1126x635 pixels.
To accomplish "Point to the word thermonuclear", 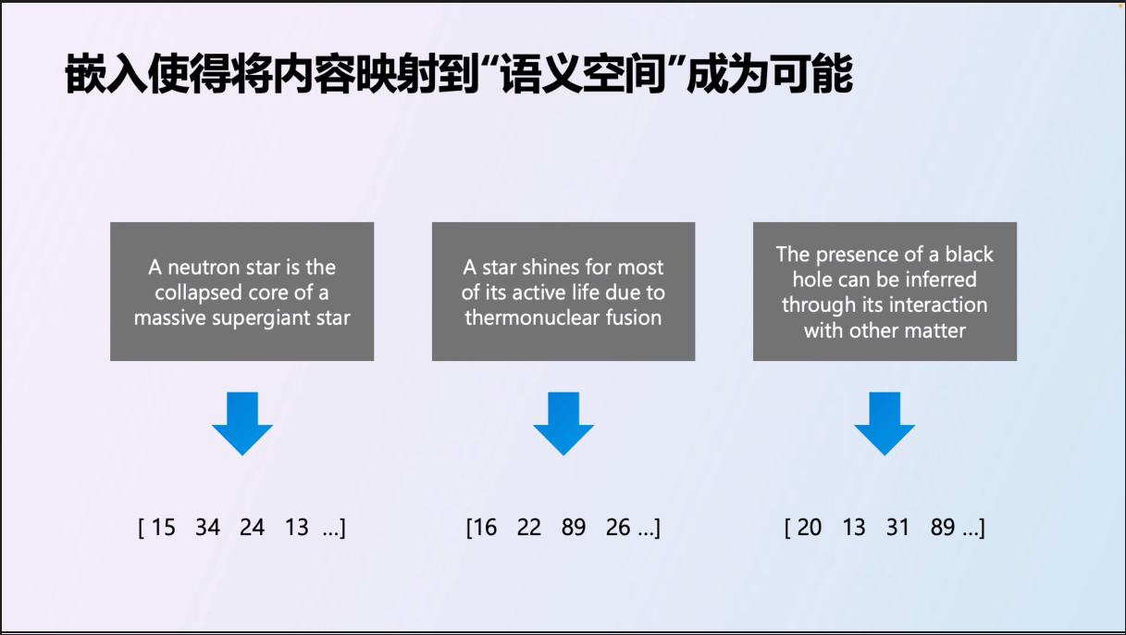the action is coord(532,317).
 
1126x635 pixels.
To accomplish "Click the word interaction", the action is coord(937,305).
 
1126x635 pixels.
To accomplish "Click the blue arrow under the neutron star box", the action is coord(242,423).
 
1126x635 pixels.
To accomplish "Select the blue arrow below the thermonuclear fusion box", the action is coord(563,423).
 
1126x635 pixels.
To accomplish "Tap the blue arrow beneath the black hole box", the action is coord(885,423).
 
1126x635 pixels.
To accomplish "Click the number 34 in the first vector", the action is coord(207,528).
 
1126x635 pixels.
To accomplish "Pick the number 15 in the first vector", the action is coord(164,528).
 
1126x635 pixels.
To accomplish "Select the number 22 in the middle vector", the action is coord(529,528).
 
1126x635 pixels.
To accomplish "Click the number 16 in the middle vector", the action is coord(485,528).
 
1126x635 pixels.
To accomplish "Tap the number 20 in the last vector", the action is coord(810,528).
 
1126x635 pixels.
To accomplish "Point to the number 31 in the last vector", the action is coord(897,528).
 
